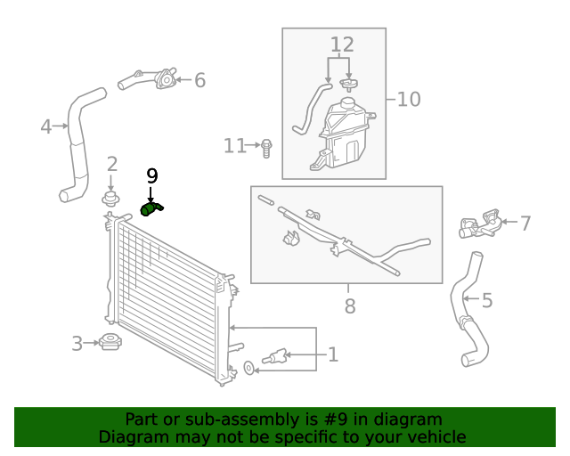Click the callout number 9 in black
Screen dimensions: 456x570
click(151, 175)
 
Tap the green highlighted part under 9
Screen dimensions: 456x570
click(151, 209)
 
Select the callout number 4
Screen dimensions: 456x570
click(46, 126)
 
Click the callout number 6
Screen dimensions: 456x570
click(199, 80)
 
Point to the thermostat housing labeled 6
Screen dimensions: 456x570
click(164, 80)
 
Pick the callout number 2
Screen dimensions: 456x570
click(112, 163)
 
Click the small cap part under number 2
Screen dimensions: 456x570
click(111, 197)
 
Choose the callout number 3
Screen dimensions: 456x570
click(77, 343)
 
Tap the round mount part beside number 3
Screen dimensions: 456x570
click(111, 342)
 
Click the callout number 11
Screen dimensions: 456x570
click(234, 145)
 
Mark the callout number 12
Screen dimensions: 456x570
click(342, 45)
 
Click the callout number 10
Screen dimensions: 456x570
click(408, 98)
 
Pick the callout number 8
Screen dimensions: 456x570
click(349, 306)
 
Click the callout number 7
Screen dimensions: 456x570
click(525, 223)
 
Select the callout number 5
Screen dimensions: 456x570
click(486, 300)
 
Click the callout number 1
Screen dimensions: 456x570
click(332, 355)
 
